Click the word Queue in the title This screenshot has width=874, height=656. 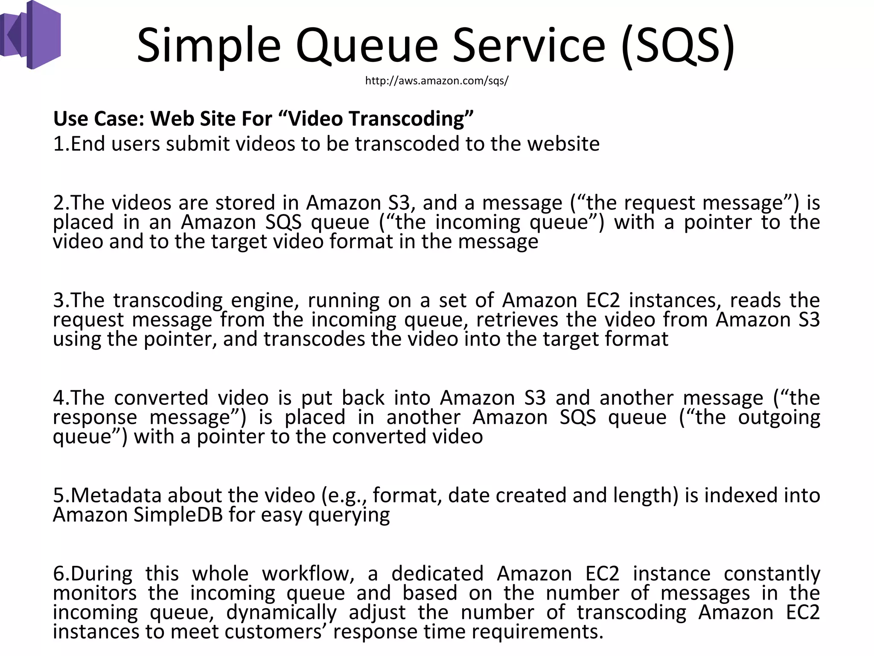pyautogui.click(x=366, y=45)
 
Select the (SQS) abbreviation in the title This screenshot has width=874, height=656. pyautogui.click(x=678, y=45)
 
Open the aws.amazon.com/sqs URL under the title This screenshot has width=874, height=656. pyautogui.click(x=437, y=81)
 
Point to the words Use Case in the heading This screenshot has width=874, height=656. pyautogui.click(x=99, y=119)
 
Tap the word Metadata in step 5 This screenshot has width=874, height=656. pyautogui.click(x=116, y=495)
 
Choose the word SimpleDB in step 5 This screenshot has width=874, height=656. pyautogui.click(x=178, y=515)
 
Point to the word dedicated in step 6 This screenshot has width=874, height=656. pyautogui.click(x=437, y=574)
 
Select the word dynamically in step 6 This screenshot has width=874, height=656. pyautogui.click(x=281, y=613)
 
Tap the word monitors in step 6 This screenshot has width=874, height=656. pyautogui.click(x=95, y=593)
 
